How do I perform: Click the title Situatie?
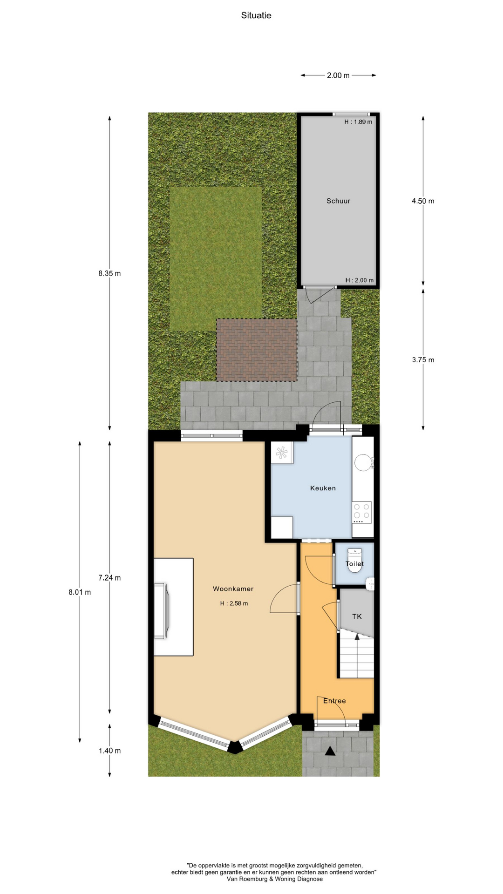click(256, 15)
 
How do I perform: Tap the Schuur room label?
click(338, 201)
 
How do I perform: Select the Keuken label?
click(323, 488)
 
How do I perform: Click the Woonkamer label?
click(233, 589)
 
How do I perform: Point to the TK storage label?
click(357, 616)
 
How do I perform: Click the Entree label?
click(334, 701)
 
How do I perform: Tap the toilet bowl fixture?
click(355, 561)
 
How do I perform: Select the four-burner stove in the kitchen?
click(362, 513)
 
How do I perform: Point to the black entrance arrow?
click(330, 751)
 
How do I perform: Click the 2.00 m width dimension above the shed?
click(338, 75)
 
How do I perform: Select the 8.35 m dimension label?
click(109, 273)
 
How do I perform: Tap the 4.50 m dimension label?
click(423, 201)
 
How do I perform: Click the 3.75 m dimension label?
click(423, 360)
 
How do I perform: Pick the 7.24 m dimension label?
click(109, 578)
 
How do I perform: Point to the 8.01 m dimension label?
click(80, 592)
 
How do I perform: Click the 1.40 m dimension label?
click(109, 751)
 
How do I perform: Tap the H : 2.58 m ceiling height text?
click(234, 603)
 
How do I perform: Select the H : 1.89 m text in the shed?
click(358, 122)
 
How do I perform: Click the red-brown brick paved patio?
click(257, 350)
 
